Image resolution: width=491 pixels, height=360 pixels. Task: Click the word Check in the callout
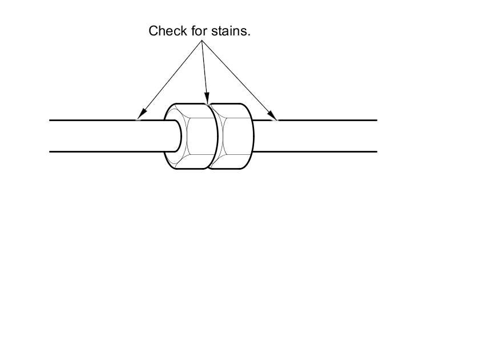[165, 31]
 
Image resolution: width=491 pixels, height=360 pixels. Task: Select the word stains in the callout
[228, 31]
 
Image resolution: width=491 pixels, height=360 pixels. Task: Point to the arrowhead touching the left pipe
[140, 117]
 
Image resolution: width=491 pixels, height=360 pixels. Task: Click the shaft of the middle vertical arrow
[204, 69]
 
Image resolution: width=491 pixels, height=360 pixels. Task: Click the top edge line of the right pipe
[325, 120]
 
